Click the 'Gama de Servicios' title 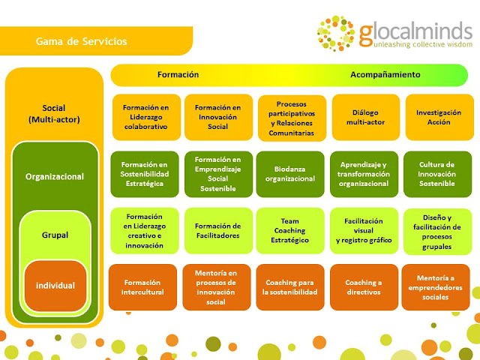pos(82,40)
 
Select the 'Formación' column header pos(178,75)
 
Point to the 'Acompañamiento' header pos(385,75)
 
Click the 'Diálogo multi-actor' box pos(365,117)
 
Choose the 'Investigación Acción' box pos(439,117)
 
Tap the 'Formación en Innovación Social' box pos(217,117)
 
